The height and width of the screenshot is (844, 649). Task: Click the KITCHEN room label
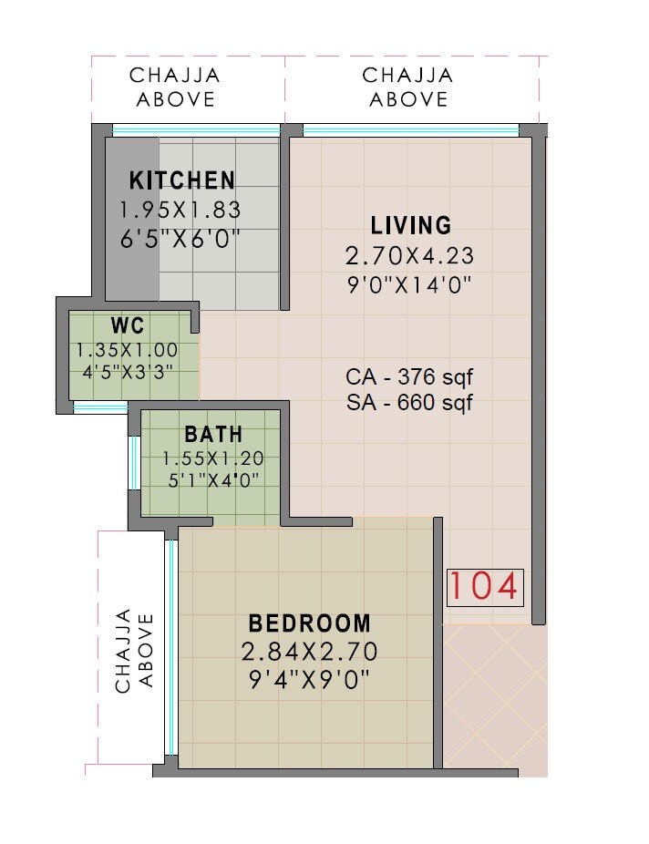click(181, 180)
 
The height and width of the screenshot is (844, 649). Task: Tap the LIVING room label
click(410, 225)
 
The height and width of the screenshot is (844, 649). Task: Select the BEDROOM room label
click(310, 623)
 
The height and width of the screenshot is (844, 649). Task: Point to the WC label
click(127, 326)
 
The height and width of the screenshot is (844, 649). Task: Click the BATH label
click(212, 434)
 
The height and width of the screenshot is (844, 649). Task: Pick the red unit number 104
click(484, 587)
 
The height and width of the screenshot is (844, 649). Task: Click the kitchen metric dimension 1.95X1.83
click(180, 210)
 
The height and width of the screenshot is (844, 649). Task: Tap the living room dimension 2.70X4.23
click(410, 254)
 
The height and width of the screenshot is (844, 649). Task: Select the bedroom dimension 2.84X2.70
click(310, 652)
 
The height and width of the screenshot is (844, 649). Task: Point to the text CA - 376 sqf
click(410, 376)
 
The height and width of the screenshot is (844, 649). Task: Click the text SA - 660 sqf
click(410, 403)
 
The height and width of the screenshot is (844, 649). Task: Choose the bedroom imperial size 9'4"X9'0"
click(310, 680)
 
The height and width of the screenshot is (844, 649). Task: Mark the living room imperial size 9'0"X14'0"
click(410, 283)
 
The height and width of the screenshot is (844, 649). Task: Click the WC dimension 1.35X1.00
click(127, 349)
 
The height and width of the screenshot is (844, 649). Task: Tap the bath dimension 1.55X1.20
click(212, 458)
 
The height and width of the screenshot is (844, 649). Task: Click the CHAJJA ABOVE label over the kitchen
click(175, 87)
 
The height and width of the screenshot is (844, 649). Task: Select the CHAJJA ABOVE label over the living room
click(407, 87)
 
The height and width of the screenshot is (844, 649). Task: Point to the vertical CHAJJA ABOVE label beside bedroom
click(134, 651)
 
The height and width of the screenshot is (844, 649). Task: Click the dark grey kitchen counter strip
click(132, 219)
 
